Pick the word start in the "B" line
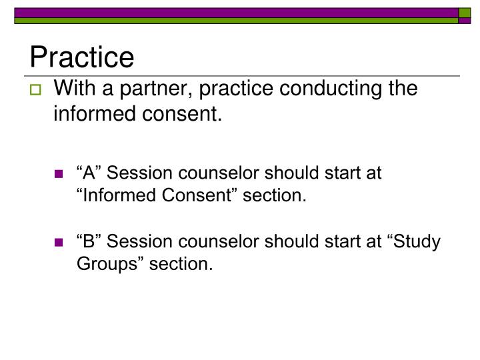point(325,241)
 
